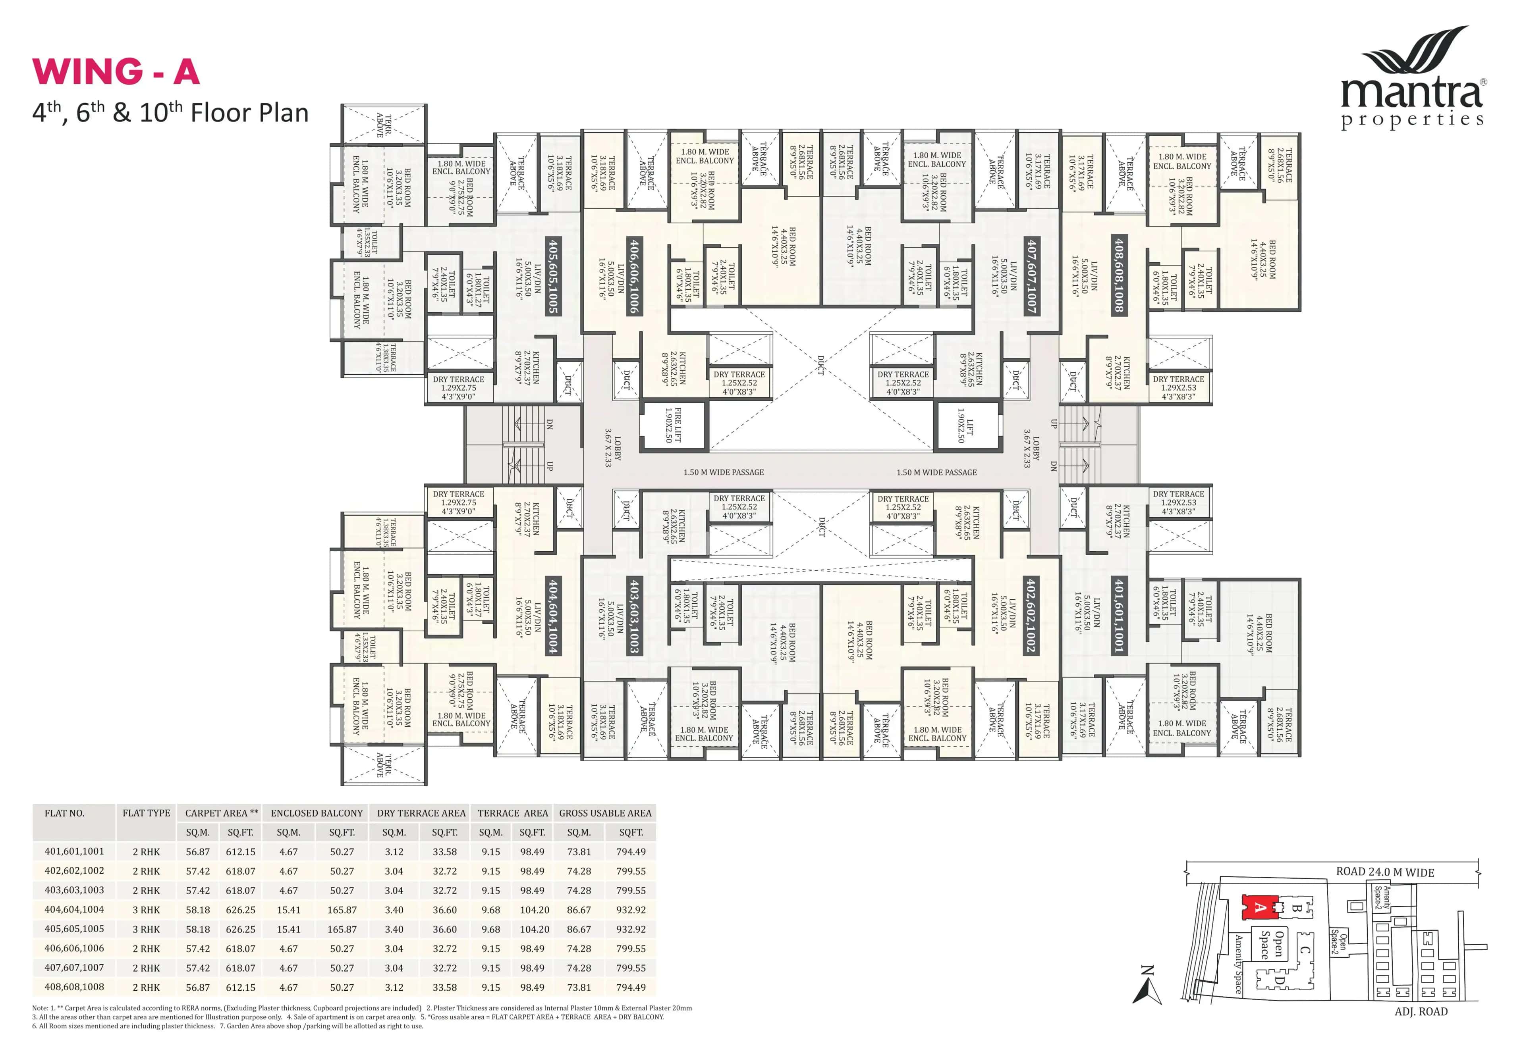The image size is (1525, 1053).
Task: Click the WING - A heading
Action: [116, 71]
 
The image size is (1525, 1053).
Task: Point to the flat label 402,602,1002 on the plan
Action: [1030, 615]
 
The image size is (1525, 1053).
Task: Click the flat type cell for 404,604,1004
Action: [146, 910]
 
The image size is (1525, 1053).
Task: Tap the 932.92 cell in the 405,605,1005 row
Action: [631, 929]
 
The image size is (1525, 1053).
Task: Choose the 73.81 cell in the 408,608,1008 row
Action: [579, 988]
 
